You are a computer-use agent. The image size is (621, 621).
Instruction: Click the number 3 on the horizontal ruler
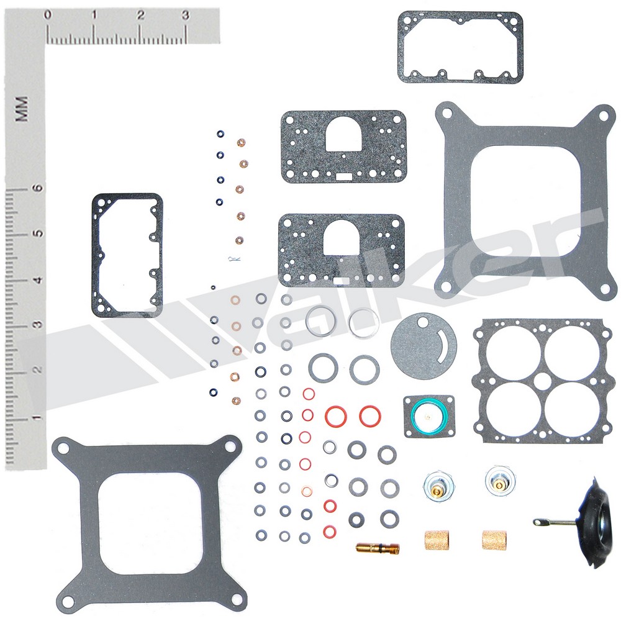[x=185, y=16]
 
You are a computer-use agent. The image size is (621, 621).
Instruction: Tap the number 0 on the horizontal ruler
[x=48, y=15]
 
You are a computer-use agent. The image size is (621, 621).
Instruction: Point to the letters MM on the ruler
[x=21, y=109]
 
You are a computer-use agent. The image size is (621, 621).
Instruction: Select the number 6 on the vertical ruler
[x=38, y=188]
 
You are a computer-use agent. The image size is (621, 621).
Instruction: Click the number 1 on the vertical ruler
[x=37, y=417]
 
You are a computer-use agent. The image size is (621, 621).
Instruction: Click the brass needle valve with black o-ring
[x=378, y=548]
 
